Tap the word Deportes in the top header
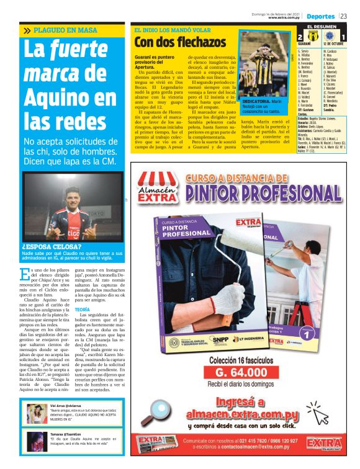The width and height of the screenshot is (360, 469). pos(320,16)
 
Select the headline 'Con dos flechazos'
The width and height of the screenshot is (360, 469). pos(181,42)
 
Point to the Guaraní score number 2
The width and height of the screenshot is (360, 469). pos(301,38)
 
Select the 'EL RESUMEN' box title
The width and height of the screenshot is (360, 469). pos(323,27)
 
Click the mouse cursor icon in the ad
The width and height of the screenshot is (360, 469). pos(315,413)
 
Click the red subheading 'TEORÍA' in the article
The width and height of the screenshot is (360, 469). pos(83,309)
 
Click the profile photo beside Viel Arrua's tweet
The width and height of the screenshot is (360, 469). pos(35,413)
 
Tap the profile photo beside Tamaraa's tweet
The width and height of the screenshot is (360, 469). pos(35,442)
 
